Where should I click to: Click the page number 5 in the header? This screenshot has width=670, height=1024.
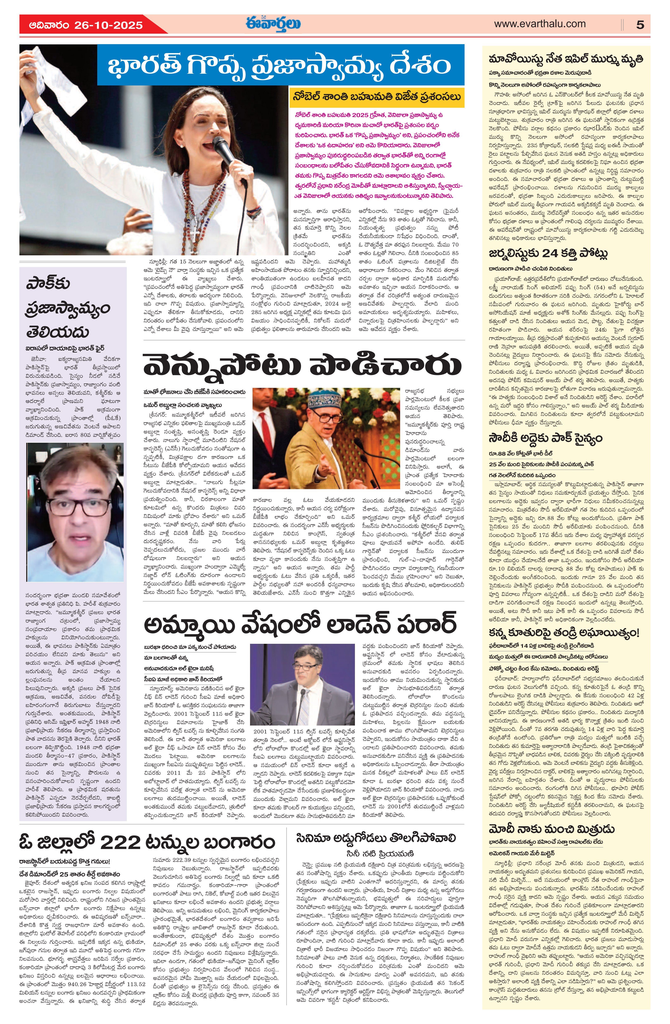tap(640, 25)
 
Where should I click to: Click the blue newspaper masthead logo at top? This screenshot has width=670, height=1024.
tap(273, 24)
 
